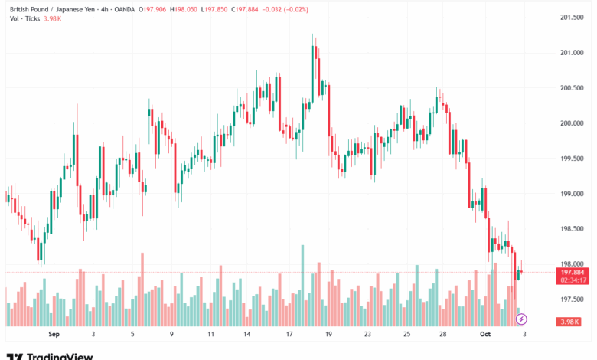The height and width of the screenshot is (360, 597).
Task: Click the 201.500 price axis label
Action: (x=573, y=18)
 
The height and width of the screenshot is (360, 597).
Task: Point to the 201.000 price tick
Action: (x=573, y=53)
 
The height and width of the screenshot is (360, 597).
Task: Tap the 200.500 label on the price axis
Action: (x=573, y=88)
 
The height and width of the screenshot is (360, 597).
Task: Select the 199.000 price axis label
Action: (x=573, y=194)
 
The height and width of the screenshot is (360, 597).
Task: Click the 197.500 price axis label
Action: (x=573, y=299)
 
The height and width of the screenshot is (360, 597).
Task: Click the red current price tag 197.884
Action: (x=573, y=272)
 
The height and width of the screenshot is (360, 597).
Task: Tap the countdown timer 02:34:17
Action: (x=573, y=280)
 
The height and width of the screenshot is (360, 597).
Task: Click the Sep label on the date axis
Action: (x=54, y=335)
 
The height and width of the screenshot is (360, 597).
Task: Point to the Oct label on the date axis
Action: (x=485, y=335)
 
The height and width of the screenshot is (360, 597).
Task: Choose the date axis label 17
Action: (x=289, y=335)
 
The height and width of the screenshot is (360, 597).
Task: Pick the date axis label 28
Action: (x=442, y=335)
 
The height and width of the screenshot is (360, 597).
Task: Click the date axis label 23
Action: (x=367, y=335)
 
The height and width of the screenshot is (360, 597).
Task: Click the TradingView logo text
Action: (x=60, y=355)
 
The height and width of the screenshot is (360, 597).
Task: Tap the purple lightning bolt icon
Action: (x=522, y=318)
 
